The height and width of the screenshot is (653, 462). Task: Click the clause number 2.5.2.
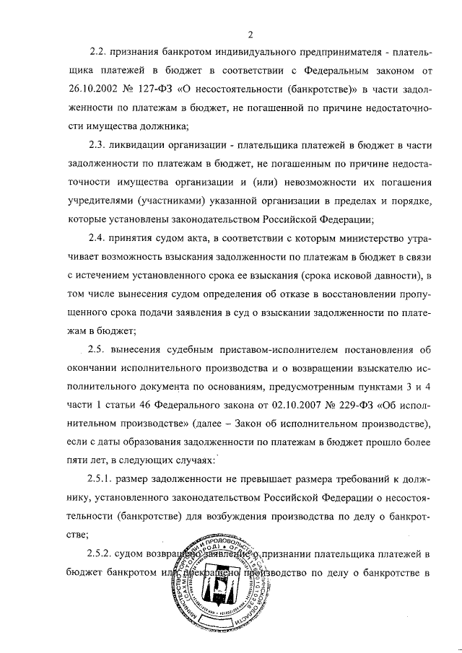(x=103, y=554)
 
